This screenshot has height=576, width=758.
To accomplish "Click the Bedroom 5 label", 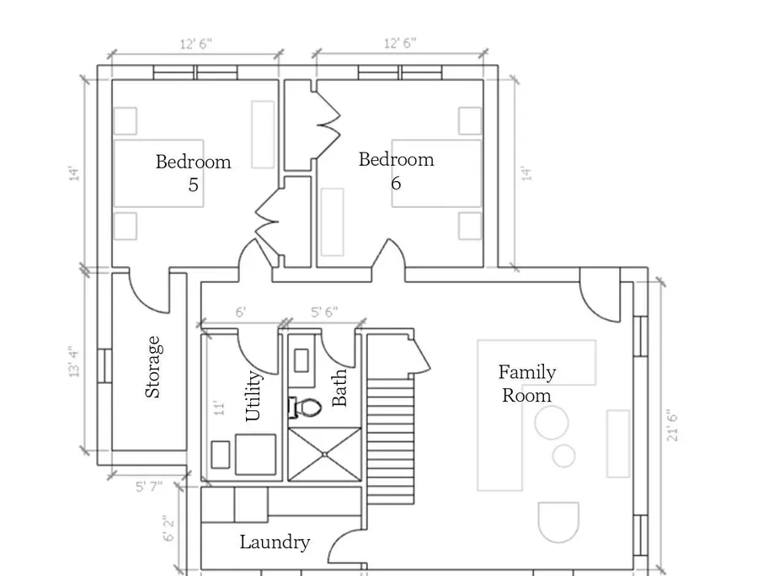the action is pyautogui.click(x=194, y=173).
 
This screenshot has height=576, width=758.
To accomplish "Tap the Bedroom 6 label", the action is pyautogui.click(x=397, y=171).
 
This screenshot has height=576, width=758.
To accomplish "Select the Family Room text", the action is pyautogui.click(x=527, y=384).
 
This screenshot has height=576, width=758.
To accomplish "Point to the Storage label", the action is pyautogui.click(x=152, y=367).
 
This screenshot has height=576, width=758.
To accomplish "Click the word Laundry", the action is pyautogui.click(x=275, y=542).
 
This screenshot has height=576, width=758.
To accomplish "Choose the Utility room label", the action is pyautogui.click(x=254, y=396).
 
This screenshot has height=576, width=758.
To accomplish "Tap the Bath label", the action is pyautogui.click(x=339, y=387).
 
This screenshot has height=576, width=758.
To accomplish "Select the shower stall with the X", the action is pyautogui.click(x=325, y=454).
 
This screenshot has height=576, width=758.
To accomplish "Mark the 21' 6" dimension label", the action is pyautogui.click(x=672, y=427).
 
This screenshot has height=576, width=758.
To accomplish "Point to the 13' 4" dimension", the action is pyautogui.click(x=74, y=361).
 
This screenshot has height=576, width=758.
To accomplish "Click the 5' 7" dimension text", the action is pyautogui.click(x=149, y=487).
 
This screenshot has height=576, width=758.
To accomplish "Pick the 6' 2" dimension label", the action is pyautogui.click(x=168, y=529).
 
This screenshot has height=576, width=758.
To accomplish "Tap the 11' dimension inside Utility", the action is pyautogui.click(x=219, y=408).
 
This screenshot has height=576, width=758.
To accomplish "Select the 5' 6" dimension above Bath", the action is pyautogui.click(x=324, y=312).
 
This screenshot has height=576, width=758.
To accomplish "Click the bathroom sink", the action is pyautogui.click(x=302, y=360).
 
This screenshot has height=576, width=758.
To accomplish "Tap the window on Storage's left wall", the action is pyautogui.click(x=105, y=365).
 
